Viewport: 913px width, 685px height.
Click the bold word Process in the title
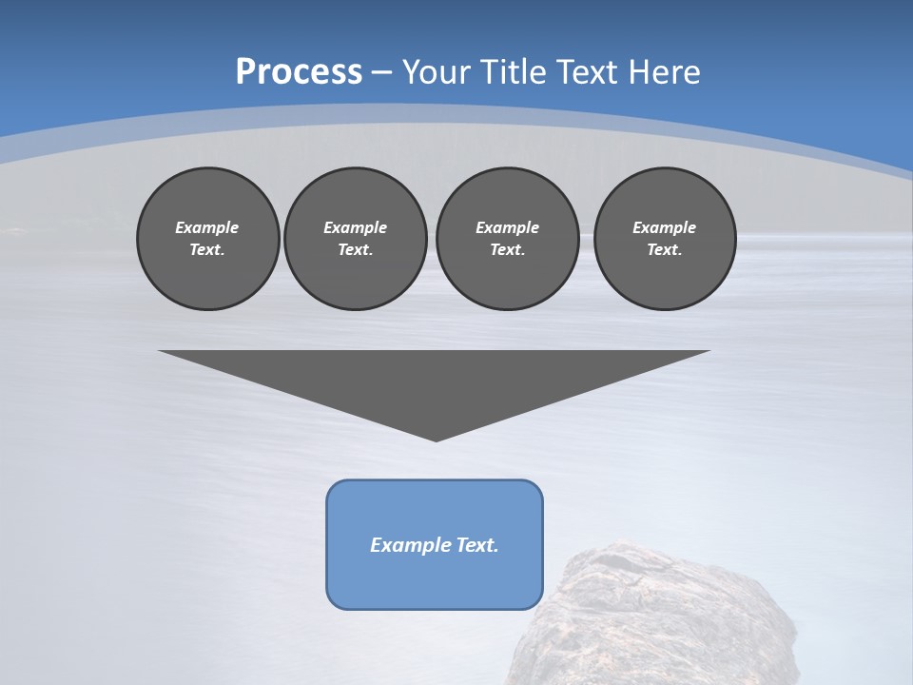299,72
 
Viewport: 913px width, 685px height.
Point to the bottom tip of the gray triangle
436,439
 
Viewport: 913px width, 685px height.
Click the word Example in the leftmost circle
207,227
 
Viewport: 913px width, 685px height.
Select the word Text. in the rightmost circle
665,249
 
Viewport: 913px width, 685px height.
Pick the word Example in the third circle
507,227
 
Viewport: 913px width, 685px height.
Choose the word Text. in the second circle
355,249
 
